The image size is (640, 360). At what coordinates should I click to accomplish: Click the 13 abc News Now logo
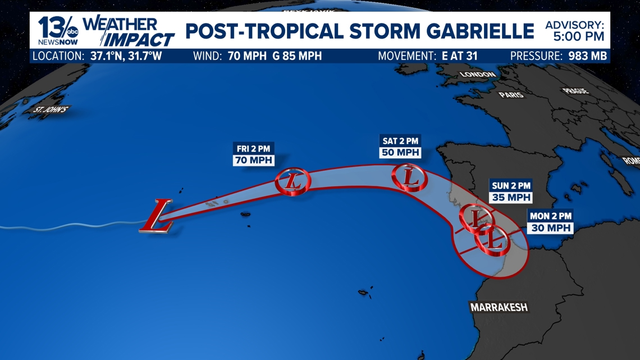tap(58, 31)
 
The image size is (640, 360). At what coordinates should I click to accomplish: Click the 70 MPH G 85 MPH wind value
tap(275, 56)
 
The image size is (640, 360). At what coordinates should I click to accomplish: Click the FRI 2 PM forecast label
tap(253, 149)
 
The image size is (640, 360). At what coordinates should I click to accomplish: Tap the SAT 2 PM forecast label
tap(400, 141)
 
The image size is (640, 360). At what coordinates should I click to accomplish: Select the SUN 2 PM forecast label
tap(510, 186)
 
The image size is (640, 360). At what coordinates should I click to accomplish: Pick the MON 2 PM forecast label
tap(550, 216)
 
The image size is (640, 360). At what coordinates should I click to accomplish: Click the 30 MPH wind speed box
tap(550, 228)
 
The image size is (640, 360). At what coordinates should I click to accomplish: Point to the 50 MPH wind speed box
tap(400, 153)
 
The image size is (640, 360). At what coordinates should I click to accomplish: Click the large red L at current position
tap(157, 216)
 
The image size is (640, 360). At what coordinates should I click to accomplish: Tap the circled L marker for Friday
tap(292, 182)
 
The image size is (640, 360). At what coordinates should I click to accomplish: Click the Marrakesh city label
tap(499, 308)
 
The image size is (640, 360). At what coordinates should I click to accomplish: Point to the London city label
tap(478, 74)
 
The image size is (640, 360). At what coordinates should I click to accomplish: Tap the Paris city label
tap(511, 95)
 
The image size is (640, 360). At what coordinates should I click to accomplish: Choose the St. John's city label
tap(51, 110)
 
